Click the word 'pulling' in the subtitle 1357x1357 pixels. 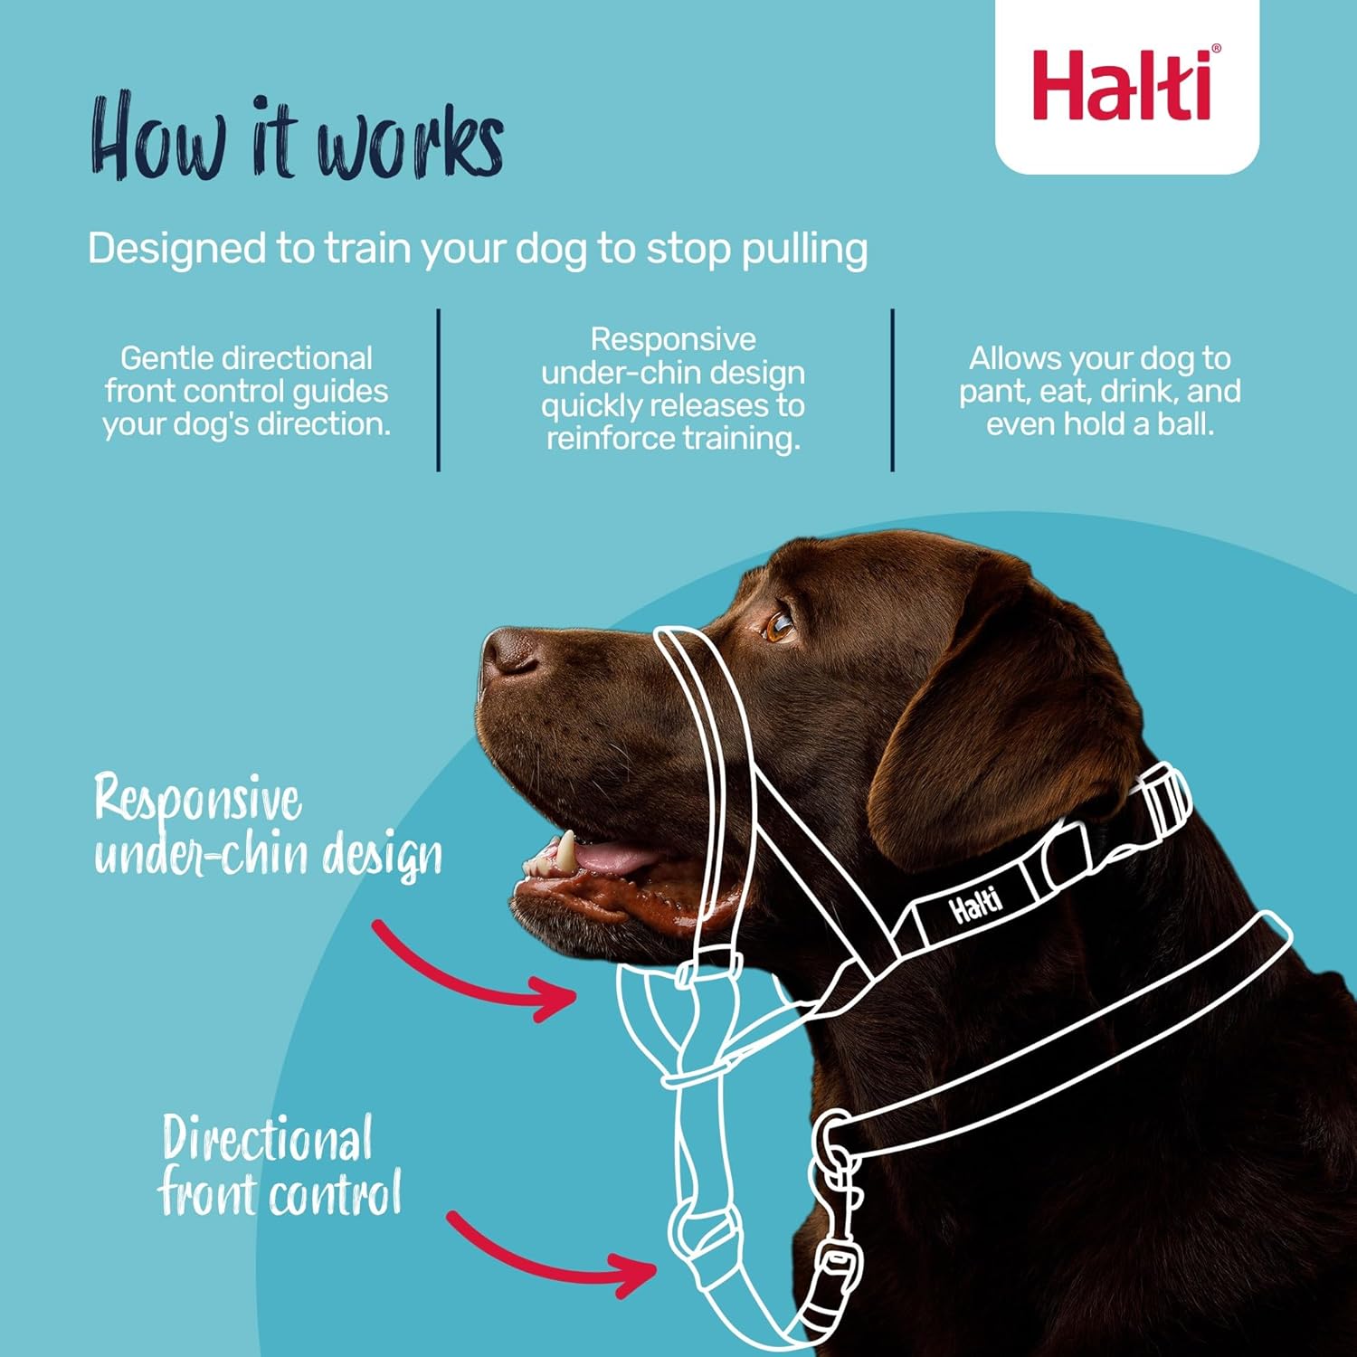click(x=804, y=249)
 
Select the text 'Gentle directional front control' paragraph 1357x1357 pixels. click(x=246, y=391)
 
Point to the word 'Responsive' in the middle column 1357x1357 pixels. click(x=673, y=339)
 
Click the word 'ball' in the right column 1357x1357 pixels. click(x=1183, y=423)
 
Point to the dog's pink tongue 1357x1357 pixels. click(x=615, y=857)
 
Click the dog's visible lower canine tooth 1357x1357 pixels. click(x=565, y=850)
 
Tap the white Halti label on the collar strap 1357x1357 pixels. click(x=975, y=904)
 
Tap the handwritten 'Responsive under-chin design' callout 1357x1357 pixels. click(x=267, y=825)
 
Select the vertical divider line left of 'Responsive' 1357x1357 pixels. click(x=439, y=389)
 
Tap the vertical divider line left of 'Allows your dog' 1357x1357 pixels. click(x=893, y=389)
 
